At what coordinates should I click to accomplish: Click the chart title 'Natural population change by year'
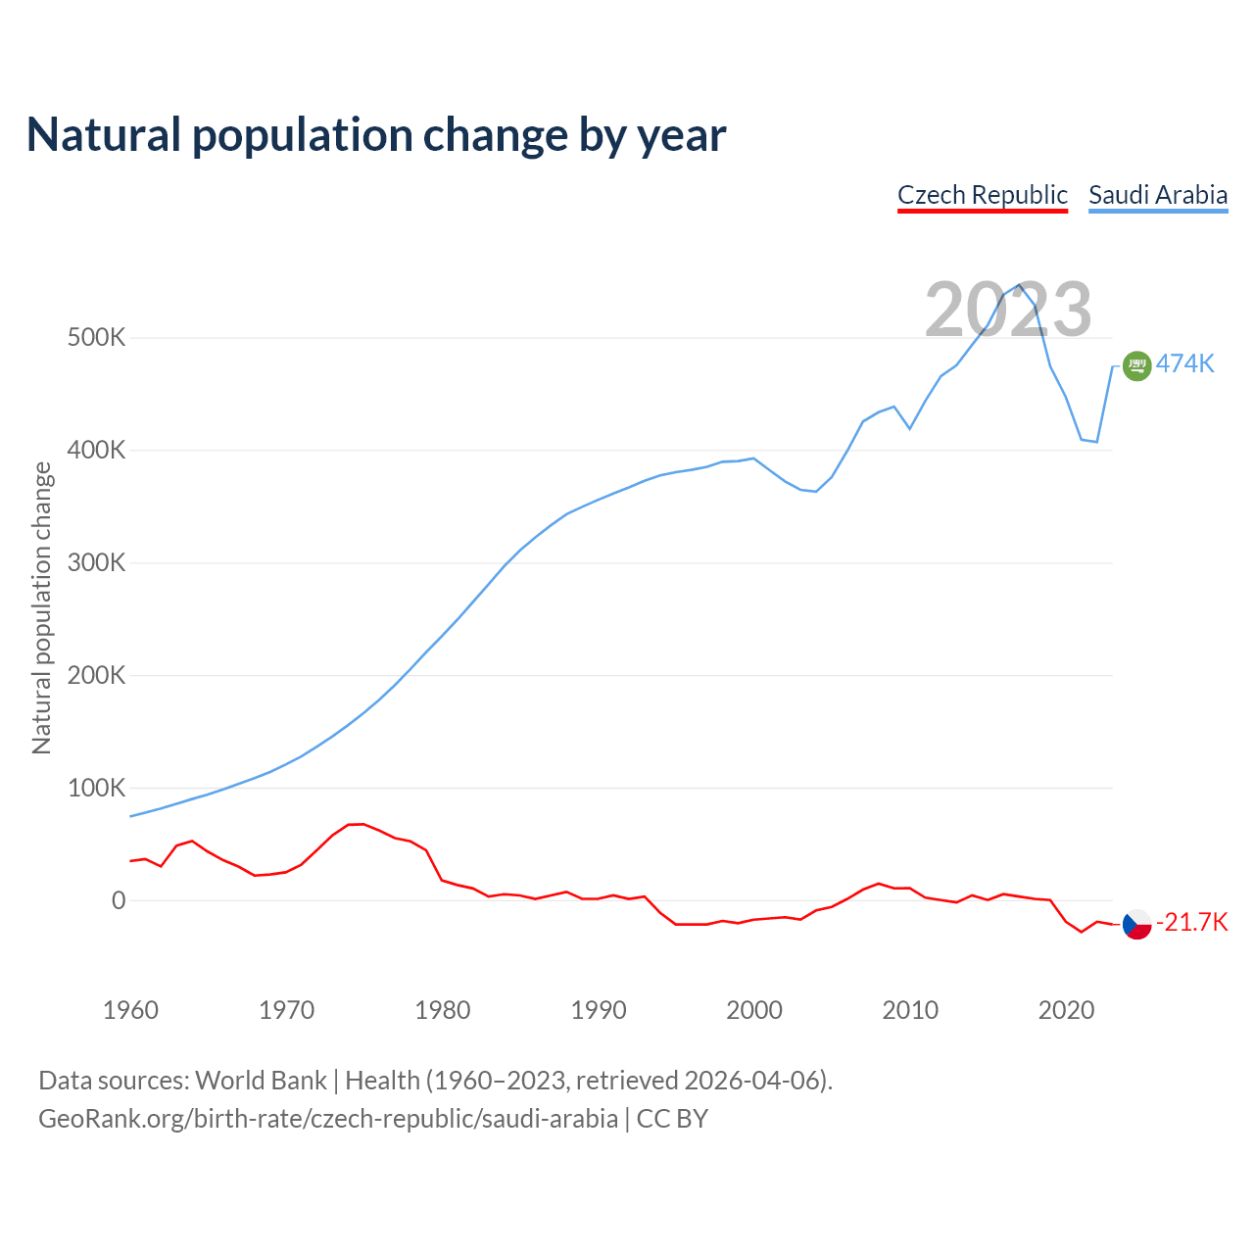pyautogui.click(x=376, y=135)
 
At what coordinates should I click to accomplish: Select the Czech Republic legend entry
pyautogui.click(x=982, y=195)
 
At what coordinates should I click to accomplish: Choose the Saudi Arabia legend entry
pyautogui.click(x=1158, y=195)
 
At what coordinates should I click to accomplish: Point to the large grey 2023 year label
pyautogui.click(x=1008, y=310)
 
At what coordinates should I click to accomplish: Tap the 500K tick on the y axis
pyautogui.click(x=96, y=338)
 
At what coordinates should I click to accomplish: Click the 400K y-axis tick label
pyautogui.click(x=96, y=451)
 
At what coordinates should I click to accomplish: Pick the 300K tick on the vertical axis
pyautogui.click(x=96, y=563)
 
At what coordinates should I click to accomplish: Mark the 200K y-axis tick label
pyautogui.click(x=96, y=676)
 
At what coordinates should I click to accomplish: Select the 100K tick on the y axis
pyautogui.click(x=96, y=788)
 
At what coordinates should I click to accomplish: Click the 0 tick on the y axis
pyautogui.click(x=119, y=901)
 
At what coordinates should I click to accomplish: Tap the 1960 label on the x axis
pyautogui.click(x=130, y=1010)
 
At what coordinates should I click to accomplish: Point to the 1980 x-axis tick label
pyautogui.click(x=443, y=1010)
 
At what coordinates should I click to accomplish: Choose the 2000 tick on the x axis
pyautogui.click(x=754, y=1010)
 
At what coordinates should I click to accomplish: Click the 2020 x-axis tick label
pyautogui.click(x=1066, y=1010)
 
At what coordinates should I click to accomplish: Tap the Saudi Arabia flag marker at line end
pyautogui.click(x=1136, y=365)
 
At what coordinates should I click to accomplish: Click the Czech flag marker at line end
pyautogui.click(x=1136, y=924)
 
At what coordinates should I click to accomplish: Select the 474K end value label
pyautogui.click(x=1185, y=364)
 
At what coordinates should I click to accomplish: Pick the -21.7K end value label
pyautogui.click(x=1191, y=923)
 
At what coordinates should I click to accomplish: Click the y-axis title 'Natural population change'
pyautogui.click(x=42, y=608)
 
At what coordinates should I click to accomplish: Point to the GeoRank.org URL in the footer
pyautogui.click(x=328, y=1119)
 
